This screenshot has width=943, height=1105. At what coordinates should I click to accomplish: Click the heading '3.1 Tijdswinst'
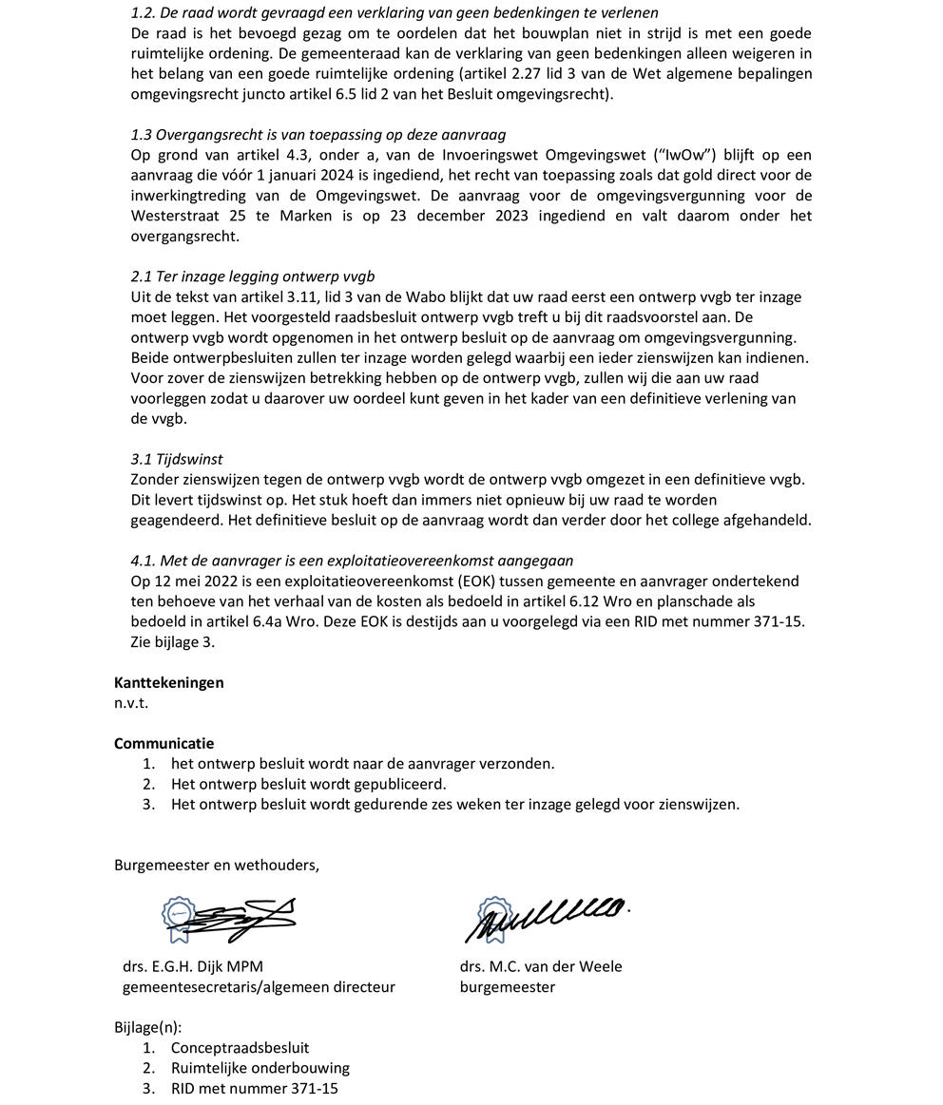(177, 459)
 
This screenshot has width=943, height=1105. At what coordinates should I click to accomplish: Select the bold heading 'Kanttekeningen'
(169, 682)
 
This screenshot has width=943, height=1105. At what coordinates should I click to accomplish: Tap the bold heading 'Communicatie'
(164, 743)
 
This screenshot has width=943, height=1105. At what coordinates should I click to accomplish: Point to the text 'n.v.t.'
(131, 703)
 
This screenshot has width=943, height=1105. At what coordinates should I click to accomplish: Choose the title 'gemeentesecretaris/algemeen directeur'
(259, 986)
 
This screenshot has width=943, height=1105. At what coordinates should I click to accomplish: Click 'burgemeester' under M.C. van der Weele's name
(508, 986)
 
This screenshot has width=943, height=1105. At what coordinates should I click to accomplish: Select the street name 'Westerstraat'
(174, 216)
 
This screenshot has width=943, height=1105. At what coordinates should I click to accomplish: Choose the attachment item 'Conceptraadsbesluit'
(240, 1047)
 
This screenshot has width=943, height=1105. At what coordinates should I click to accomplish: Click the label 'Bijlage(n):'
(147, 1027)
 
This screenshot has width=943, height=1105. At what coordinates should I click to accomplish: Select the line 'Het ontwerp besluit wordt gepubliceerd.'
(308, 784)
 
